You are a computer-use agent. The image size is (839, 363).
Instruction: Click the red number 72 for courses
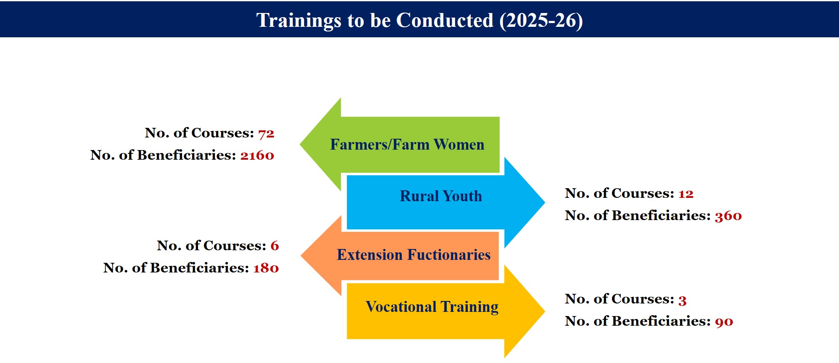[266, 134]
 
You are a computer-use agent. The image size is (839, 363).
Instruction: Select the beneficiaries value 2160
[257, 156]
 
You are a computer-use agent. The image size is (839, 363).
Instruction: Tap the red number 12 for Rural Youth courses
[686, 194]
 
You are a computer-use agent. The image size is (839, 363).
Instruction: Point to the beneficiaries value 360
[728, 216]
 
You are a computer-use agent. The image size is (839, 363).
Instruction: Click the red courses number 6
[275, 246]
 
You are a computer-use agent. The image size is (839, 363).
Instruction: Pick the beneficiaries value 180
[266, 268]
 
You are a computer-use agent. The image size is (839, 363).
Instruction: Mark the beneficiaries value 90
[724, 322]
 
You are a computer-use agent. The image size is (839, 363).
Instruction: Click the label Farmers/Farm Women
[407, 145]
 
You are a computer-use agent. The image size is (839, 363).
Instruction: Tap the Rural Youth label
[441, 196]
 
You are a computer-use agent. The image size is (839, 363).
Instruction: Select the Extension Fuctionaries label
[414, 255]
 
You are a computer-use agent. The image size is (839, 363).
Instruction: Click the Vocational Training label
[432, 307]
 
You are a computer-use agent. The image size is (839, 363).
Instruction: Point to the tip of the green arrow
[300, 145]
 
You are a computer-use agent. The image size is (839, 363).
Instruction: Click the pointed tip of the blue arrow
[545, 202]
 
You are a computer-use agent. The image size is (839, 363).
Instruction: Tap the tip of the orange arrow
[301, 255]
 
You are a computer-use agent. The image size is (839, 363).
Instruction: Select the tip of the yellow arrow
[545, 311]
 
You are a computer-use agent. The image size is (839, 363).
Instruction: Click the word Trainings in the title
[299, 21]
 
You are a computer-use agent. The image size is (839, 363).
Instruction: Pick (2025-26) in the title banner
[541, 21]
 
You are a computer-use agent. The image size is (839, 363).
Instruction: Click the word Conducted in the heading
[445, 21]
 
